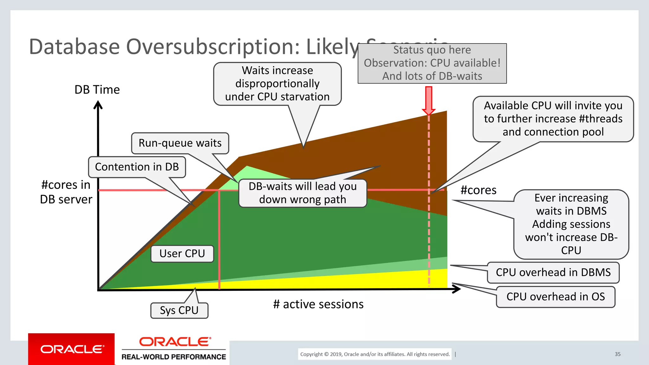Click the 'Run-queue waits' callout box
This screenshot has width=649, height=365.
180,143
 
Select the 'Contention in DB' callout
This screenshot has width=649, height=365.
137,167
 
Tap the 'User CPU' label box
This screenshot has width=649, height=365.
182,254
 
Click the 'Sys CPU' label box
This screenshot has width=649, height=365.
179,311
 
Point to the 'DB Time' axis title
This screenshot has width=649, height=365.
97,90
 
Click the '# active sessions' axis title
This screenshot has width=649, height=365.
318,304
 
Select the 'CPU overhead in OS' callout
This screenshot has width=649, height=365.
556,297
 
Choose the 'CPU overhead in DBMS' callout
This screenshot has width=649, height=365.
553,272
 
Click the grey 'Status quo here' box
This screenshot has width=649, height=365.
432,63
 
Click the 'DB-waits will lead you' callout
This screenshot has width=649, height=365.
303,193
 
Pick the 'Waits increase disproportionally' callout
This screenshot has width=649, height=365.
277,84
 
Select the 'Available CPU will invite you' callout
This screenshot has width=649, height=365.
553,119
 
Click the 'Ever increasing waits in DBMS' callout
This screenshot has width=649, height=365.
571,224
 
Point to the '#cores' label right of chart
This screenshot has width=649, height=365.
478,190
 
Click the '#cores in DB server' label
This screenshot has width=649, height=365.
66,192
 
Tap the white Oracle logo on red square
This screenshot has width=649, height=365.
72,349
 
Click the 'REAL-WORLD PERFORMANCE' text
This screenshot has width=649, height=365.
174,357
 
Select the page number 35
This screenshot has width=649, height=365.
618,354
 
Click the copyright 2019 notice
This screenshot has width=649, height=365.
375,354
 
